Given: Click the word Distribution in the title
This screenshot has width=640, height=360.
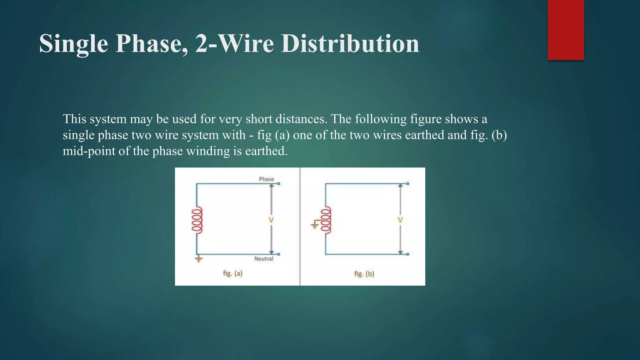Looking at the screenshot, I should click(350, 43).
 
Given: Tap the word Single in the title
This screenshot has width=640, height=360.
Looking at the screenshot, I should click(74, 43).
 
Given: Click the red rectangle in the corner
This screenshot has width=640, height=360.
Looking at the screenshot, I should click(566, 30).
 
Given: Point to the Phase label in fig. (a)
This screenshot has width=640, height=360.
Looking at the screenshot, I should click(266, 179).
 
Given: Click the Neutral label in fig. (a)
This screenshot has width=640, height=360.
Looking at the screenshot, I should click(263, 259).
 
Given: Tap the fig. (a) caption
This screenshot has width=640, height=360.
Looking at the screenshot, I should click(232, 273).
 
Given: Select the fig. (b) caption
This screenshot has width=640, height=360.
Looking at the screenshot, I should click(364, 274).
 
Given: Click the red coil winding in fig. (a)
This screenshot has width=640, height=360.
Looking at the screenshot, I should click(197, 220).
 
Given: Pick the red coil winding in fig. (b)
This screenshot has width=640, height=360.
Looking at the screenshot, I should click(326, 220).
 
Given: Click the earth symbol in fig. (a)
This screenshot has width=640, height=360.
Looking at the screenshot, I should click(198, 259).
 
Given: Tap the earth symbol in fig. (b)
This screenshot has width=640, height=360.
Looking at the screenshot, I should click(315, 224).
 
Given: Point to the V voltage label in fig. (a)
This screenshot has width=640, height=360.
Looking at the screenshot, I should click(271, 220).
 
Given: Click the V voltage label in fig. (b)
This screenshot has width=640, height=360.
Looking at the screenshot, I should click(400, 220).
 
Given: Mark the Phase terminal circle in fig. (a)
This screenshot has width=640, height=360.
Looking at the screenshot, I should click(279, 184).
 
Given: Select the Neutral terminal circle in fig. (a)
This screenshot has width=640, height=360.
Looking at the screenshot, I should click(279, 254).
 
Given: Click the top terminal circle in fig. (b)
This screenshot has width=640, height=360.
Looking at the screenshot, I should click(408, 184).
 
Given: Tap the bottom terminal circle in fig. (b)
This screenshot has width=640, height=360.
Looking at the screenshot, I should click(408, 254).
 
